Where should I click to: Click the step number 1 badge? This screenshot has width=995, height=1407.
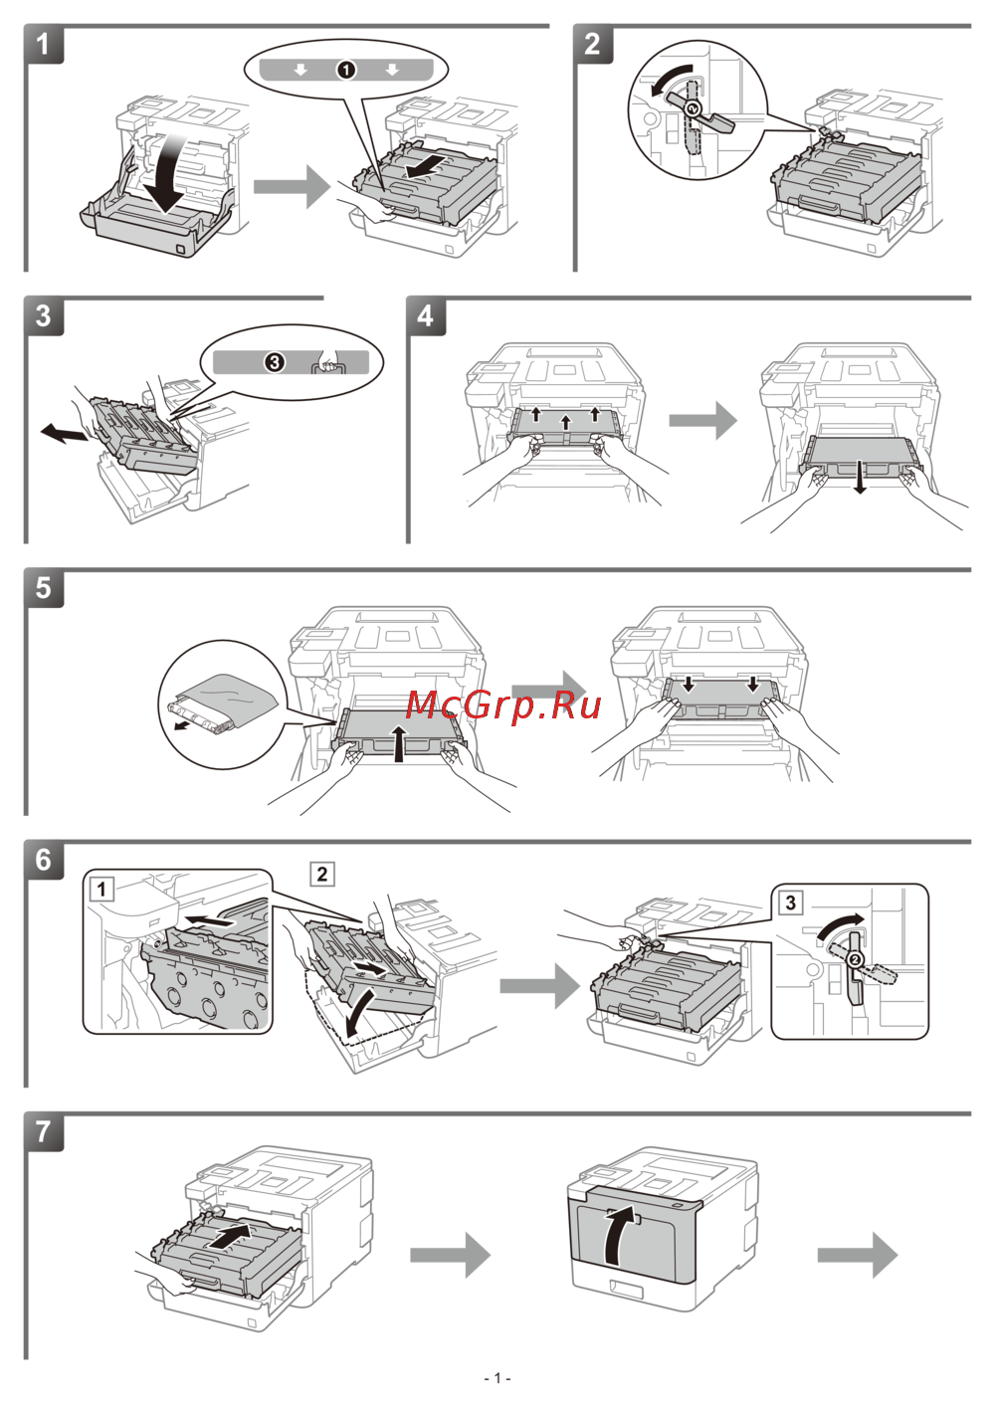pyautogui.click(x=43, y=45)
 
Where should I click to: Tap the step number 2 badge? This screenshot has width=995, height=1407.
pyautogui.click(x=592, y=45)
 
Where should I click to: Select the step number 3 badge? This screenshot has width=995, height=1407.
pyautogui.click(x=43, y=316)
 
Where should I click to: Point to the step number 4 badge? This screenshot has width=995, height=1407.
pyautogui.click(x=425, y=316)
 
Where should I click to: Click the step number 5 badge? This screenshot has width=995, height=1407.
pyautogui.click(x=43, y=588)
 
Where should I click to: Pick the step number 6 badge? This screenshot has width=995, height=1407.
pyautogui.click(x=43, y=860)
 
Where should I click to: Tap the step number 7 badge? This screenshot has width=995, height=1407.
pyautogui.click(x=43, y=1132)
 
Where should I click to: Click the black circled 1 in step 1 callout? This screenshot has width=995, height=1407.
pyautogui.click(x=345, y=70)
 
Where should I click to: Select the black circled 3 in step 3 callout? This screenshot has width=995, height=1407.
pyautogui.click(x=275, y=362)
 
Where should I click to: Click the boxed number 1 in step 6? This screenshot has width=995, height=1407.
pyautogui.click(x=101, y=888)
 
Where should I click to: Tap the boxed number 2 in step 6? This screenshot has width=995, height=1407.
pyautogui.click(x=321, y=874)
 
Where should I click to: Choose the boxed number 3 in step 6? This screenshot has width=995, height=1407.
pyautogui.click(x=790, y=903)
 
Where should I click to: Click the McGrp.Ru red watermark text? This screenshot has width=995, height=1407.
pyautogui.click(x=503, y=705)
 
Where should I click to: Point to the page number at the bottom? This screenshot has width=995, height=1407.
pyautogui.click(x=497, y=1378)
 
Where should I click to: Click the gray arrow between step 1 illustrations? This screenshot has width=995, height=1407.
pyautogui.click(x=291, y=186)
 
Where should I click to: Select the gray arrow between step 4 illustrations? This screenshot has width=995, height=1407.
pyautogui.click(x=702, y=421)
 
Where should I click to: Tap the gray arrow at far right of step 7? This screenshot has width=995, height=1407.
pyautogui.click(x=857, y=1255)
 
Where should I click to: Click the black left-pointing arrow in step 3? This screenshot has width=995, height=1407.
pyautogui.click(x=63, y=433)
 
